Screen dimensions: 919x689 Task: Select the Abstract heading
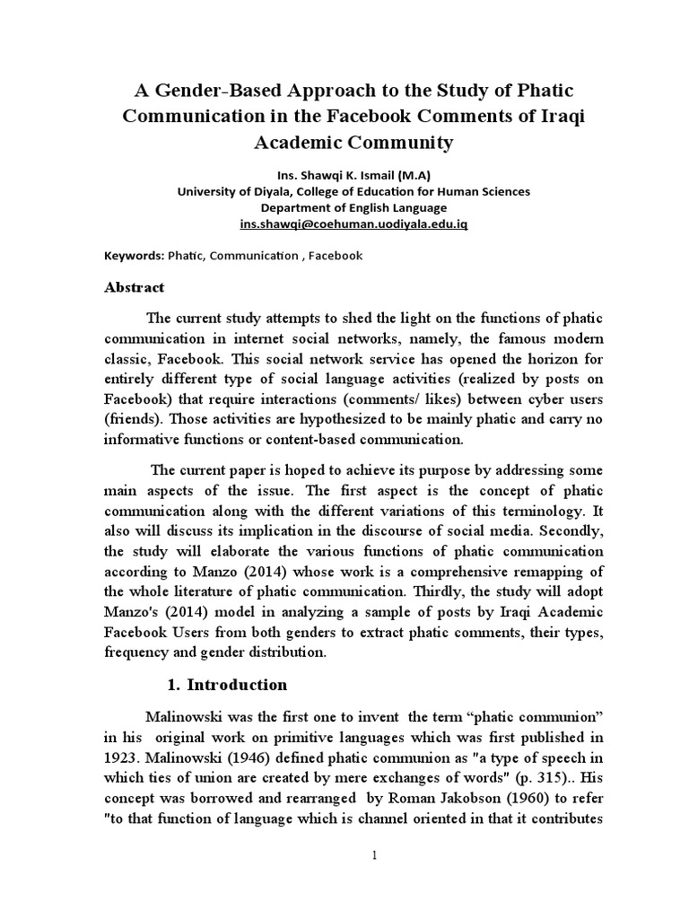tap(135, 287)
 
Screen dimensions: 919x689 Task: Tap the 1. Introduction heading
tap(227, 685)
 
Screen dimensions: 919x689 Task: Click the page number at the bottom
tap(377, 856)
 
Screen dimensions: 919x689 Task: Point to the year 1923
tap(122, 755)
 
